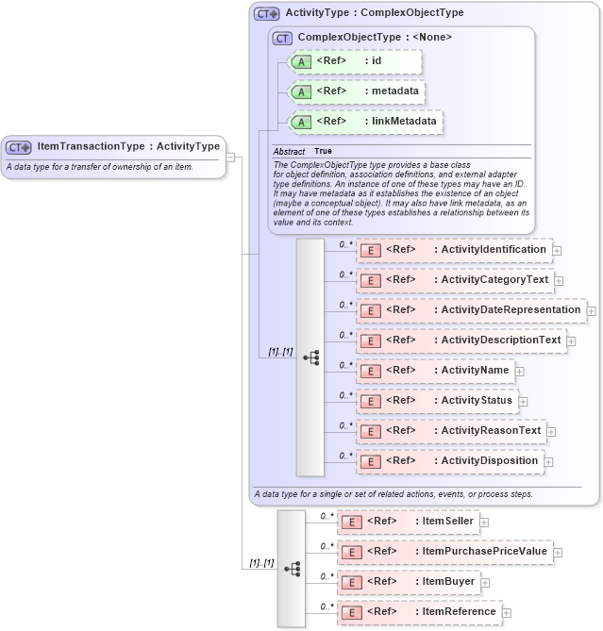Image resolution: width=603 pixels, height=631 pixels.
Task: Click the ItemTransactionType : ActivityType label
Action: click(x=127, y=146)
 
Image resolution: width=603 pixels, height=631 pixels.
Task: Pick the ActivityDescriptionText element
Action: click(x=461, y=340)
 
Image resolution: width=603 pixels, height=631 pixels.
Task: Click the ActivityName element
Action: click(x=435, y=371)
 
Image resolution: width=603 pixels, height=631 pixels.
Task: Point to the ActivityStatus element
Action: click(x=437, y=401)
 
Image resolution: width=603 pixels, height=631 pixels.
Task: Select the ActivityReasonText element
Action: click(x=451, y=431)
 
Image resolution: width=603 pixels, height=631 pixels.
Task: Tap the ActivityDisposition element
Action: click(x=450, y=461)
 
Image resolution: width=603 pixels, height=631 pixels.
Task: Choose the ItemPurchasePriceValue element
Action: click(x=444, y=551)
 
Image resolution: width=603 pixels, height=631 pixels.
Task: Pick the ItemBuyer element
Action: click(x=407, y=581)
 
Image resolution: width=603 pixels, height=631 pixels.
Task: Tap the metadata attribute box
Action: click(x=357, y=92)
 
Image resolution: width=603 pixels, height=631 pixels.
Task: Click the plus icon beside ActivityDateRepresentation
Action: click(x=592, y=310)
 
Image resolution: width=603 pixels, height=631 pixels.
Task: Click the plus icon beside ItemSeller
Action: click(x=484, y=521)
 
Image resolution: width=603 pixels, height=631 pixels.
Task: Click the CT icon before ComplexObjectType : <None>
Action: click(x=282, y=38)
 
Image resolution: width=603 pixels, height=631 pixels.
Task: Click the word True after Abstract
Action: click(x=323, y=151)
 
